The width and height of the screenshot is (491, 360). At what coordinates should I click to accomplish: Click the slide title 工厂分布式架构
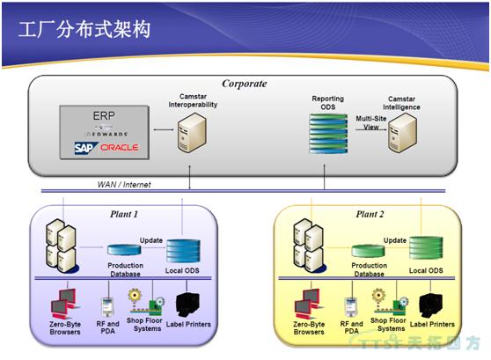84,30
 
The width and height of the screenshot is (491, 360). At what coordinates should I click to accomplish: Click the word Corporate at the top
244,84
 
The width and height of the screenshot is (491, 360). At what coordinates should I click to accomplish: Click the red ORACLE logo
119,147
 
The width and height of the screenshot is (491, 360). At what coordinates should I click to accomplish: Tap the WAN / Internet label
126,184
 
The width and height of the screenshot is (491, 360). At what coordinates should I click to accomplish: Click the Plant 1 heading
124,213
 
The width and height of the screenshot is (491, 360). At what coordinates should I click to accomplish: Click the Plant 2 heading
369,213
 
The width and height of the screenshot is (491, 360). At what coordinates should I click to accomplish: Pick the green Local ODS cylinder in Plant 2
425,249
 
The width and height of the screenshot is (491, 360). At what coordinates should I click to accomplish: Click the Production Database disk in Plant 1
125,251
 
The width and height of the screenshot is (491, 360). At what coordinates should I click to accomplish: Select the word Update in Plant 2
395,239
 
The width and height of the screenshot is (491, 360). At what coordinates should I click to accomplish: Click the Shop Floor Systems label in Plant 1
146,326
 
